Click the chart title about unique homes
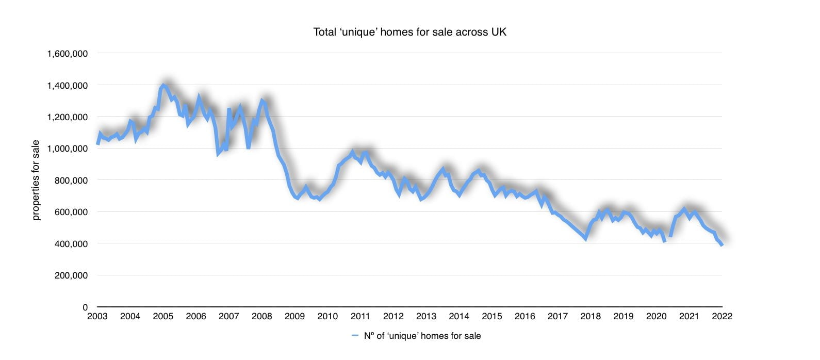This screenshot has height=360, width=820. pyautogui.click(x=409, y=32)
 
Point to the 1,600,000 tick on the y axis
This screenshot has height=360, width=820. pyautogui.click(x=67, y=54)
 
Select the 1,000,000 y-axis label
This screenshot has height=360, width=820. pyautogui.click(x=67, y=149)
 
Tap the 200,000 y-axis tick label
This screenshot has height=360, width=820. pyautogui.click(x=71, y=275)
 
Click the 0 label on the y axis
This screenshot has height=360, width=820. pyautogui.click(x=85, y=307)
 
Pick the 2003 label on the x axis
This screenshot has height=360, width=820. pyautogui.click(x=97, y=316)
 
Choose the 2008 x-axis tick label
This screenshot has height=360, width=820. pyautogui.click(x=261, y=316)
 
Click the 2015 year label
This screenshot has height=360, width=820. pyautogui.click(x=492, y=316)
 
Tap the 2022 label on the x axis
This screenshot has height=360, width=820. pyautogui.click(x=722, y=316)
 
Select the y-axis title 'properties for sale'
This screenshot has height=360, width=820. pyautogui.click(x=36, y=181)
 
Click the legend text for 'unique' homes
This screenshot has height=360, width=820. pyautogui.click(x=422, y=336)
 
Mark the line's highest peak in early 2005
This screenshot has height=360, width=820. pyautogui.click(x=163, y=85)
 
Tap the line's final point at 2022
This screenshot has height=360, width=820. pyautogui.click(x=721, y=245)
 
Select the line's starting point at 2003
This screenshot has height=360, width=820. pyautogui.click(x=97, y=144)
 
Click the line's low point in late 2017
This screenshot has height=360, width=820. pyautogui.click(x=585, y=238)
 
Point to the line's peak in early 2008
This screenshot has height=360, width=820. pyautogui.click(x=262, y=101)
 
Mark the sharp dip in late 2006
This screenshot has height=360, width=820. pyautogui.click(x=218, y=153)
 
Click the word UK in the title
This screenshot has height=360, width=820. pyautogui.click(x=499, y=32)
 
